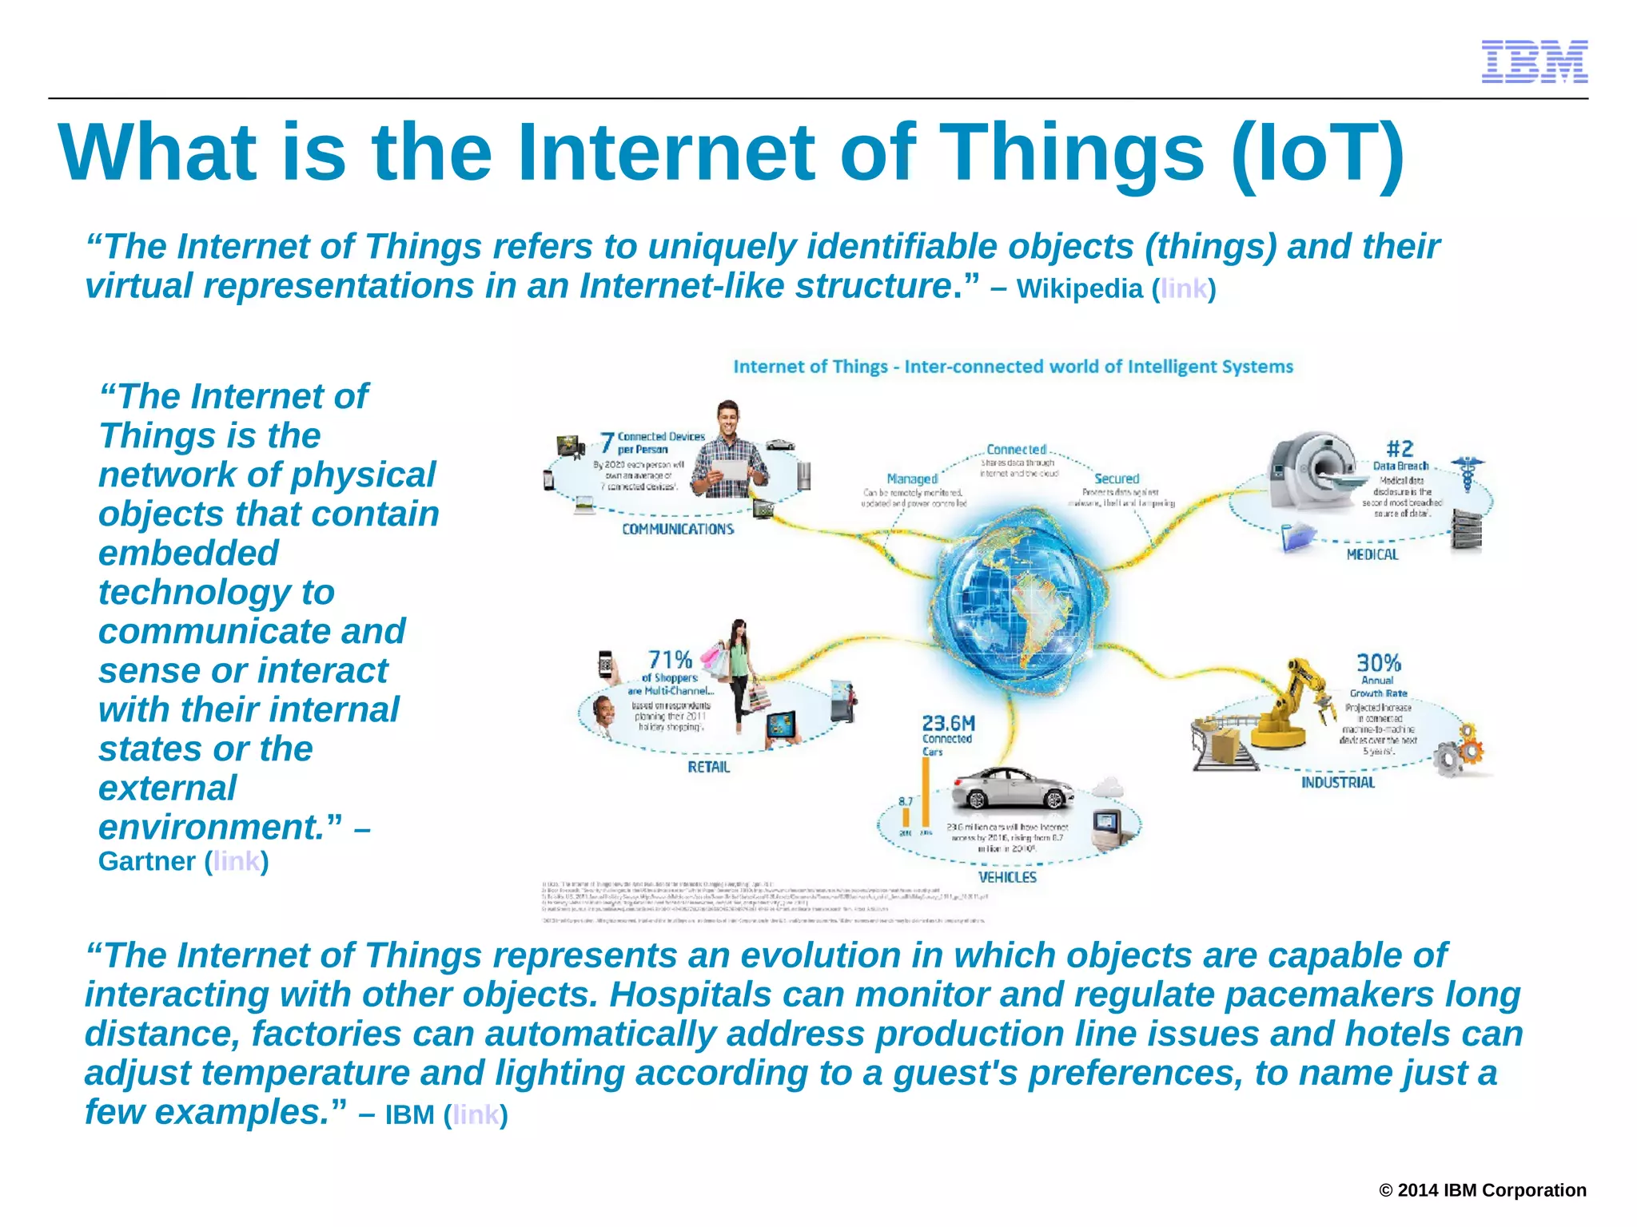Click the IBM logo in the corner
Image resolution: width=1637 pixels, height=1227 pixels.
(x=1534, y=62)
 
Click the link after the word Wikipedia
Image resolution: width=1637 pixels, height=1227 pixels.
(x=1183, y=288)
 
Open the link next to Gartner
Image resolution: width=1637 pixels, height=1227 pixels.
(x=236, y=861)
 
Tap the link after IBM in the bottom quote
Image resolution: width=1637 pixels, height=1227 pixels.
(x=476, y=1114)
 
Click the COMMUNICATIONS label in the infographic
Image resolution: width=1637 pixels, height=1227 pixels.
(x=678, y=529)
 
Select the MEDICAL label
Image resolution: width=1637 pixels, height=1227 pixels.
(x=1372, y=554)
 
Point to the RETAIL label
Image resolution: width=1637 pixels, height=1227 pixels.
(x=708, y=767)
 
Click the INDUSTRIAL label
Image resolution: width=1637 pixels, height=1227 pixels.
(x=1337, y=782)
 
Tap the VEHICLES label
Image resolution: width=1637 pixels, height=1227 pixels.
(x=1007, y=877)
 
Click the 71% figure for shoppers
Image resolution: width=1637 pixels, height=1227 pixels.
(x=669, y=659)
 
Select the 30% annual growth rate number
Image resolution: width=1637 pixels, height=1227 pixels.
(x=1378, y=662)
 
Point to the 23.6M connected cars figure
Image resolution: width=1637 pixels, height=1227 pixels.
(x=948, y=723)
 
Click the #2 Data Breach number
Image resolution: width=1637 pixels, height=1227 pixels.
(x=1400, y=448)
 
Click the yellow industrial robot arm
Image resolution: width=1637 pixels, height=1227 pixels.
(x=1295, y=703)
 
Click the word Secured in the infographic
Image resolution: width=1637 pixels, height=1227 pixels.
(x=1116, y=478)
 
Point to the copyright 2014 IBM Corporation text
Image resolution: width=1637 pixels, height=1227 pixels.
(x=1482, y=1190)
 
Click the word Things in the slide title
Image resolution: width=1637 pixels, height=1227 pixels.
(x=1071, y=153)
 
